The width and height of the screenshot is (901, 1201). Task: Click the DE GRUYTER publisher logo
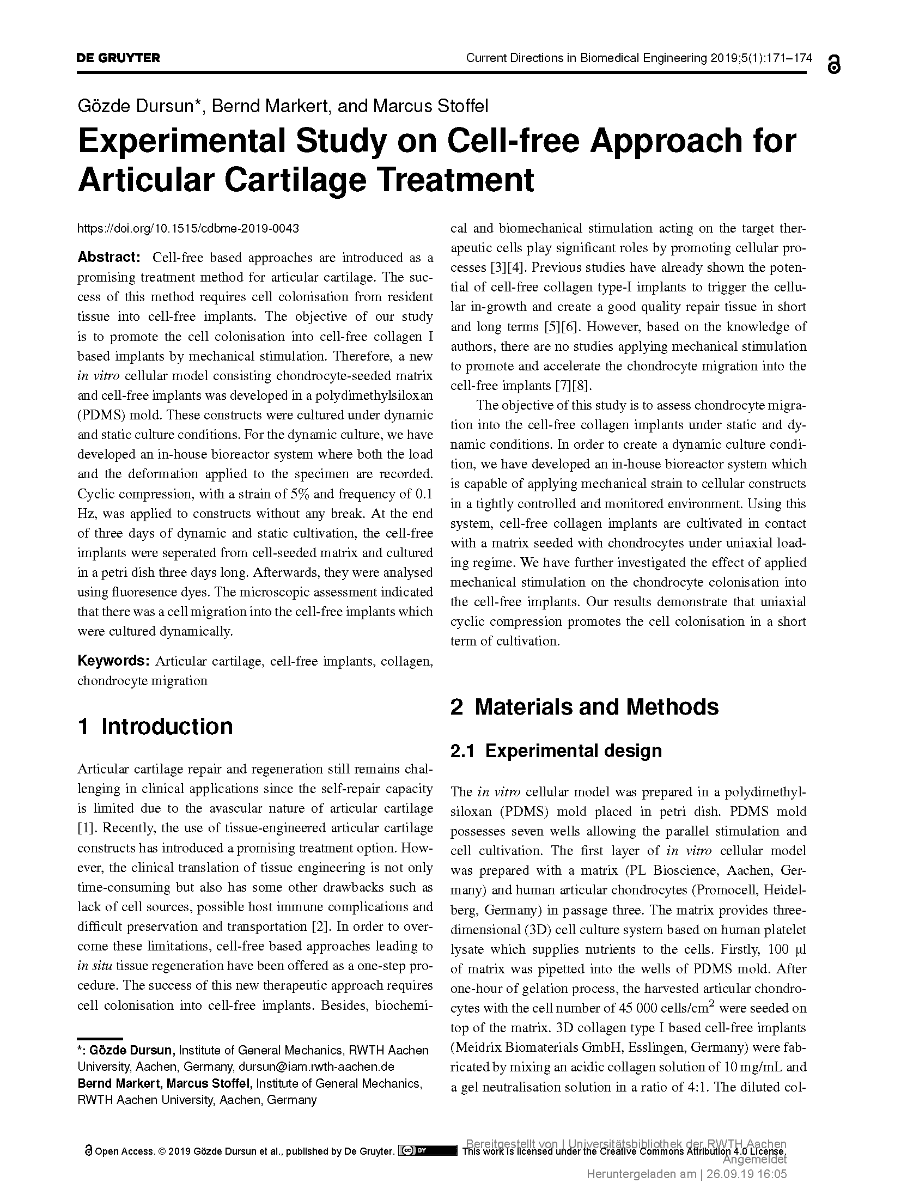pyautogui.click(x=118, y=58)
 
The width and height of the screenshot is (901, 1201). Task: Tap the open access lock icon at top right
pyautogui.click(x=833, y=64)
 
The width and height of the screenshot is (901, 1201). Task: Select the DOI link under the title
pyautogui.click(x=188, y=228)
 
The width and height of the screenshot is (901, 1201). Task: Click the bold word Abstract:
pyautogui.click(x=109, y=257)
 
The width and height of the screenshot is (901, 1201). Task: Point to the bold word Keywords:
pyautogui.click(x=113, y=661)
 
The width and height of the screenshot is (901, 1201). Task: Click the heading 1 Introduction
pyautogui.click(x=155, y=727)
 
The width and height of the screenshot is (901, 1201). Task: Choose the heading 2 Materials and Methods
pyautogui.click(x=584, y=707)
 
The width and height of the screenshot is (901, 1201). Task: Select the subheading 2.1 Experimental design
pyautogui.click(x=556, y=751)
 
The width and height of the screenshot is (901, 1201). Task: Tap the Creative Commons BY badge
pyautogui.click(x=428, y=1150)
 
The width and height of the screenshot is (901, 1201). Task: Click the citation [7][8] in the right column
pyautogui.click(x=573, y=386)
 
